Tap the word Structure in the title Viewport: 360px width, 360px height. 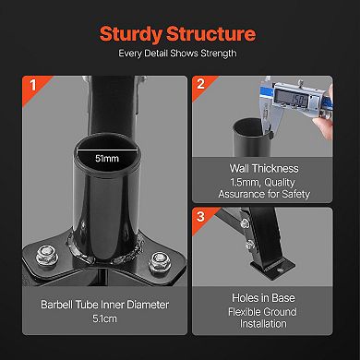click(213, 35)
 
